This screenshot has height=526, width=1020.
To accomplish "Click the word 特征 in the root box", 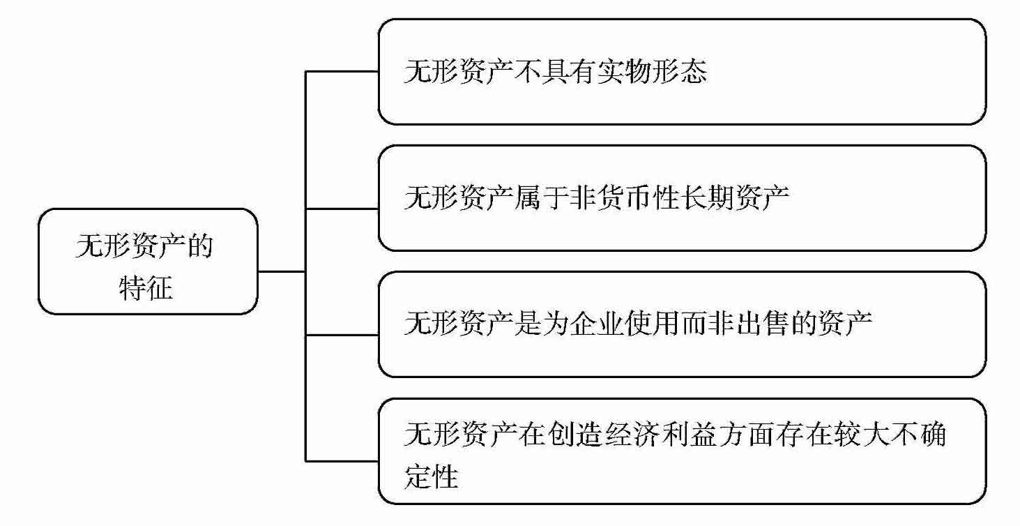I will pos(146,288).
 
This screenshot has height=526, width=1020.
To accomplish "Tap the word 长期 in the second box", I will pos(708,198).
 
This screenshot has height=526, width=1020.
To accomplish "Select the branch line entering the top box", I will pos(342,72).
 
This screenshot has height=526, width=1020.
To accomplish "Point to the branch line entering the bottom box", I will pos(342,460).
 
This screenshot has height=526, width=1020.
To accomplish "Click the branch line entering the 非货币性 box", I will pos(342,208).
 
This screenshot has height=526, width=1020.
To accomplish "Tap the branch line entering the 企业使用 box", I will pos(342,335).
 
